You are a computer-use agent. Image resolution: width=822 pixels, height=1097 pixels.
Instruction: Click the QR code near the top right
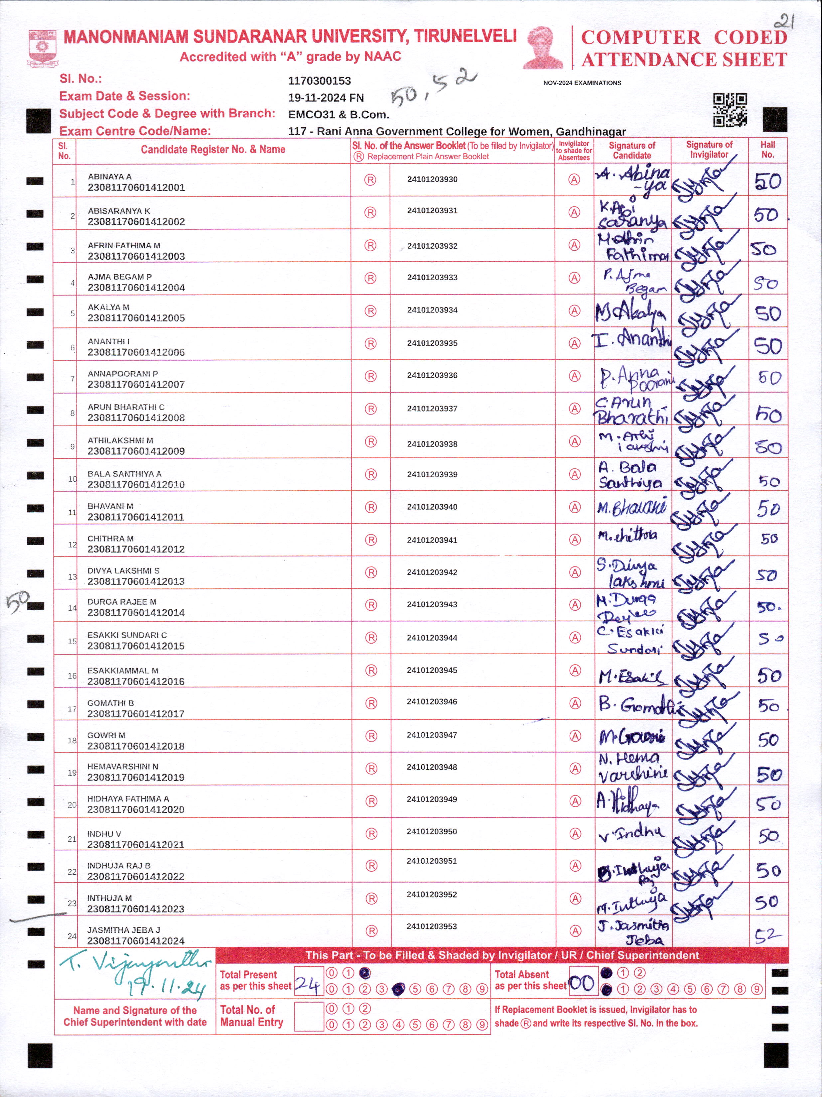tap(730, 110)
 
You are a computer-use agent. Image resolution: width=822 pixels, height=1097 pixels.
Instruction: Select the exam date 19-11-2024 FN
tap(326, 98)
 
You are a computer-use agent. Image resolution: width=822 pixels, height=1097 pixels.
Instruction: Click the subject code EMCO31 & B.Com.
tap(338, 115)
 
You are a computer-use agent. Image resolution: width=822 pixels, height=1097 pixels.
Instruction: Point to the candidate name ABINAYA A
tap(110, 177)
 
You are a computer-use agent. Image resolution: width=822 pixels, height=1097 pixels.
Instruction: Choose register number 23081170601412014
tap(136, 612)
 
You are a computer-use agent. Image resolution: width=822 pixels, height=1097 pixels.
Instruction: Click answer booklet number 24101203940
tap(432, 507)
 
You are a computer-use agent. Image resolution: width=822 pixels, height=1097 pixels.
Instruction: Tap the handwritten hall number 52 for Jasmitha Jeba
tap(767, 935)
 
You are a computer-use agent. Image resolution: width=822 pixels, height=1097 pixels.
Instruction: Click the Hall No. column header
tap(767, 150)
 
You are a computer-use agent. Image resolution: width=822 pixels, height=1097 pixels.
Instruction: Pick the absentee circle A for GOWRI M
tap(575, 736)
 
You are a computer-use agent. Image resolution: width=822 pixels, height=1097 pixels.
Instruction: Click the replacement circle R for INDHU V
tap(371, 834)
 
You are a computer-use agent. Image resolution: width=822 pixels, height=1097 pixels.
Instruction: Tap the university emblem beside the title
tap(43, 48)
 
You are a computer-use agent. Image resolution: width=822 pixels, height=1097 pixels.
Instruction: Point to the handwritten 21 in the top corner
tap(785, 21)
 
